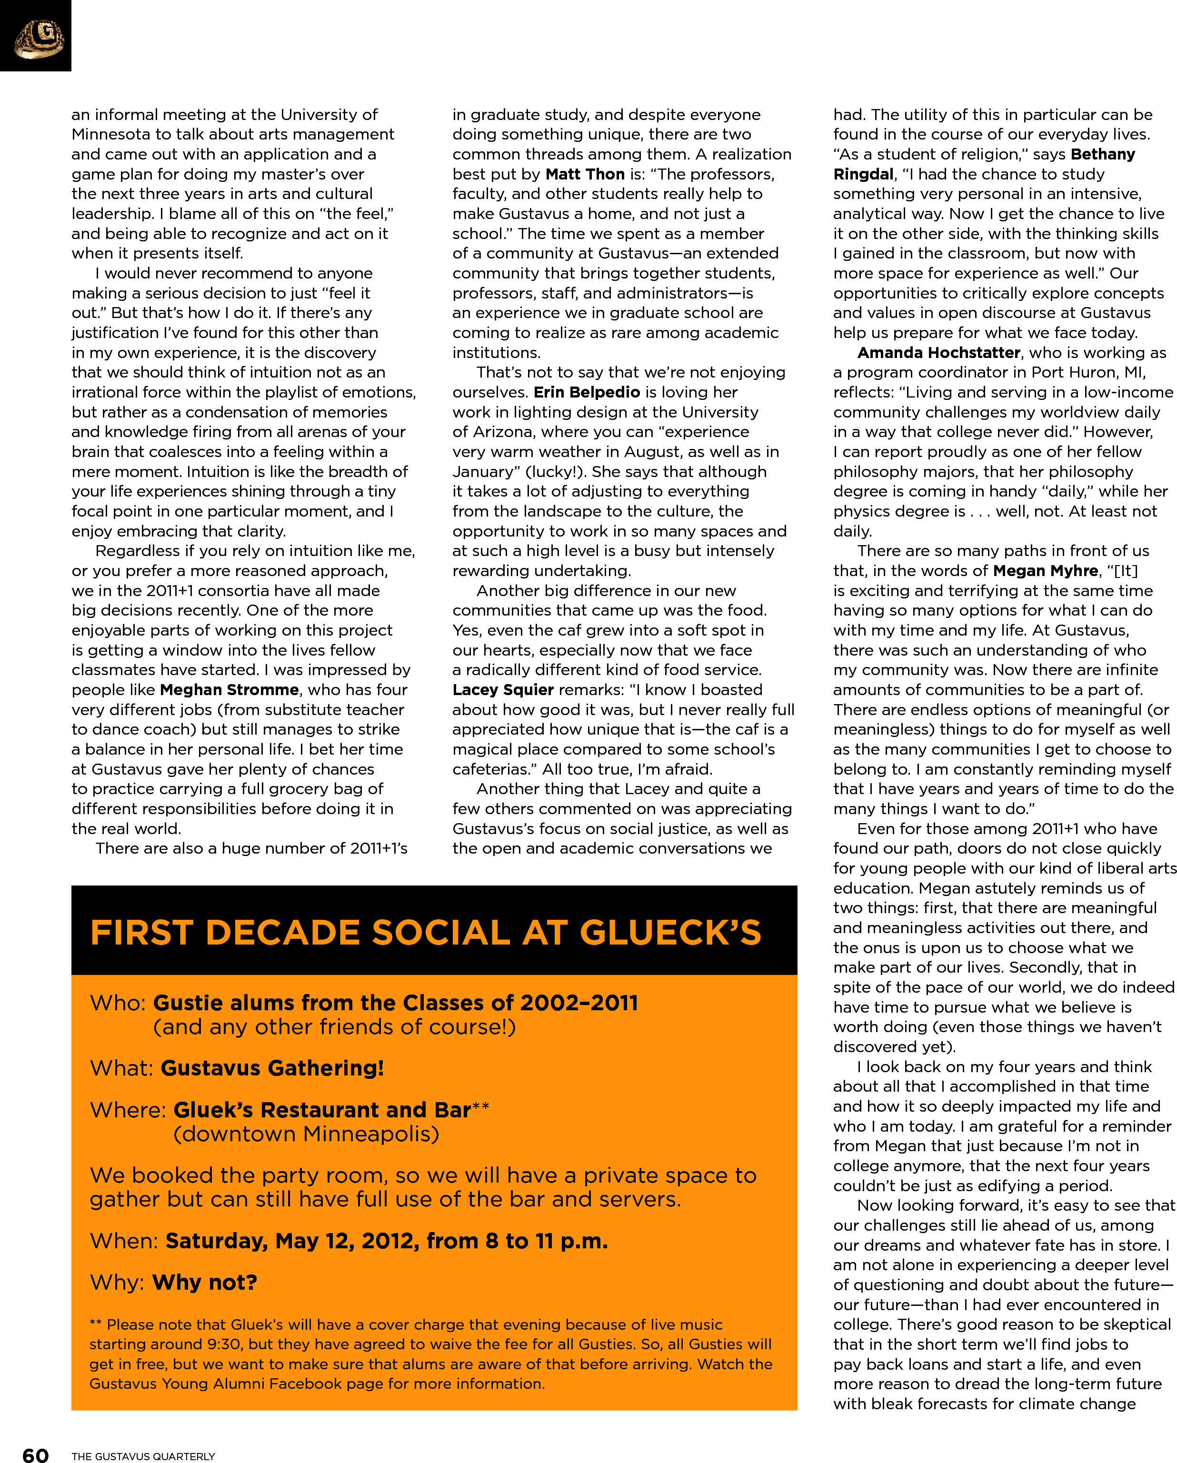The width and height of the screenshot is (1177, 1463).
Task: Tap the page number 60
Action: coord(35,1454)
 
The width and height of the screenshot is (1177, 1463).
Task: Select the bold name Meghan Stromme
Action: coord(229,690)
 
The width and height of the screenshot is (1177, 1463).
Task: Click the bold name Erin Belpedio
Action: coord(587,392)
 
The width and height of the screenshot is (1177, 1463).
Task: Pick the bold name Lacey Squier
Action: coord(503,690)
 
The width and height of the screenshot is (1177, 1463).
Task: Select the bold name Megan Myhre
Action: coord(1045,571)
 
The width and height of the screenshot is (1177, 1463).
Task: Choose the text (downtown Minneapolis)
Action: coord(306,1134)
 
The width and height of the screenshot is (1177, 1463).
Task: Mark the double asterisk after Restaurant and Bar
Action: coord(480,1107)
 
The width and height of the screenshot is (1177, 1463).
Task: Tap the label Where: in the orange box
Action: coord(128,1110)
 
